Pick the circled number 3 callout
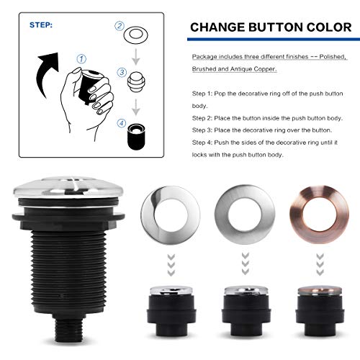pyautogui.click(x=122, y=72)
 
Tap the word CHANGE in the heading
pyautogui.click(x=220, y=28)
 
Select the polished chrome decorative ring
pyautogui.click(x=172, y=210)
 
